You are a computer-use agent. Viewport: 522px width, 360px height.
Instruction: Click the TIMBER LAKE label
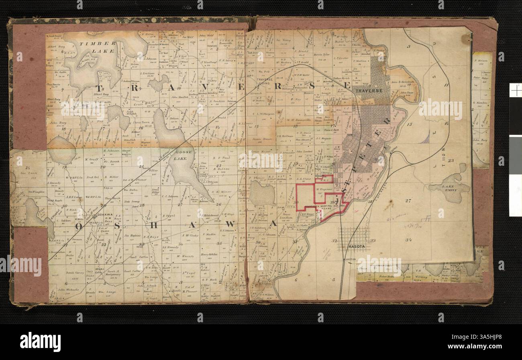click(x=98, y=47)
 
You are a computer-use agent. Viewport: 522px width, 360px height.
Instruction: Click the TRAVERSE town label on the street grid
click(x=368, y=91)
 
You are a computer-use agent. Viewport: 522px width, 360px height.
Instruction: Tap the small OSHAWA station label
click(x=104, y=215)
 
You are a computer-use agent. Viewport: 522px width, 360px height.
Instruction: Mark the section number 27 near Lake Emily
click(x=409, y=201)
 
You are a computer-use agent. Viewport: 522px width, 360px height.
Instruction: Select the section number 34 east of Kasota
click(x=408, y=240)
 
